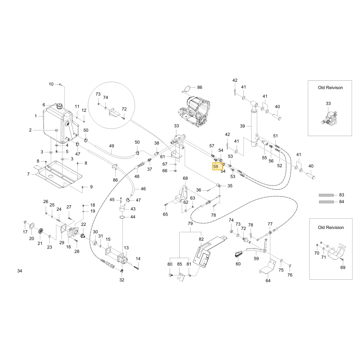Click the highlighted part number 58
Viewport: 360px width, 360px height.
click(x=216, y=166)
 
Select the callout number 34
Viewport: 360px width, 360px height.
click(x=20, y=271)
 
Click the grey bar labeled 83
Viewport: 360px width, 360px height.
click(x=326, y=195)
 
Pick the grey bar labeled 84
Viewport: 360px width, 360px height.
click(x=326, y=202)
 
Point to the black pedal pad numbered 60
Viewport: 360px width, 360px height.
click(x=238, y=254)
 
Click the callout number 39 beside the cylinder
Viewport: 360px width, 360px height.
click(x=242, y=126)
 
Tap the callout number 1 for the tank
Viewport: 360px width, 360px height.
click(x=36, y=116)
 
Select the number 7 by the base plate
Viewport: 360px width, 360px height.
click(x=28, y=174)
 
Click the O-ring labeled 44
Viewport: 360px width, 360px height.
click(x=123, y=217)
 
